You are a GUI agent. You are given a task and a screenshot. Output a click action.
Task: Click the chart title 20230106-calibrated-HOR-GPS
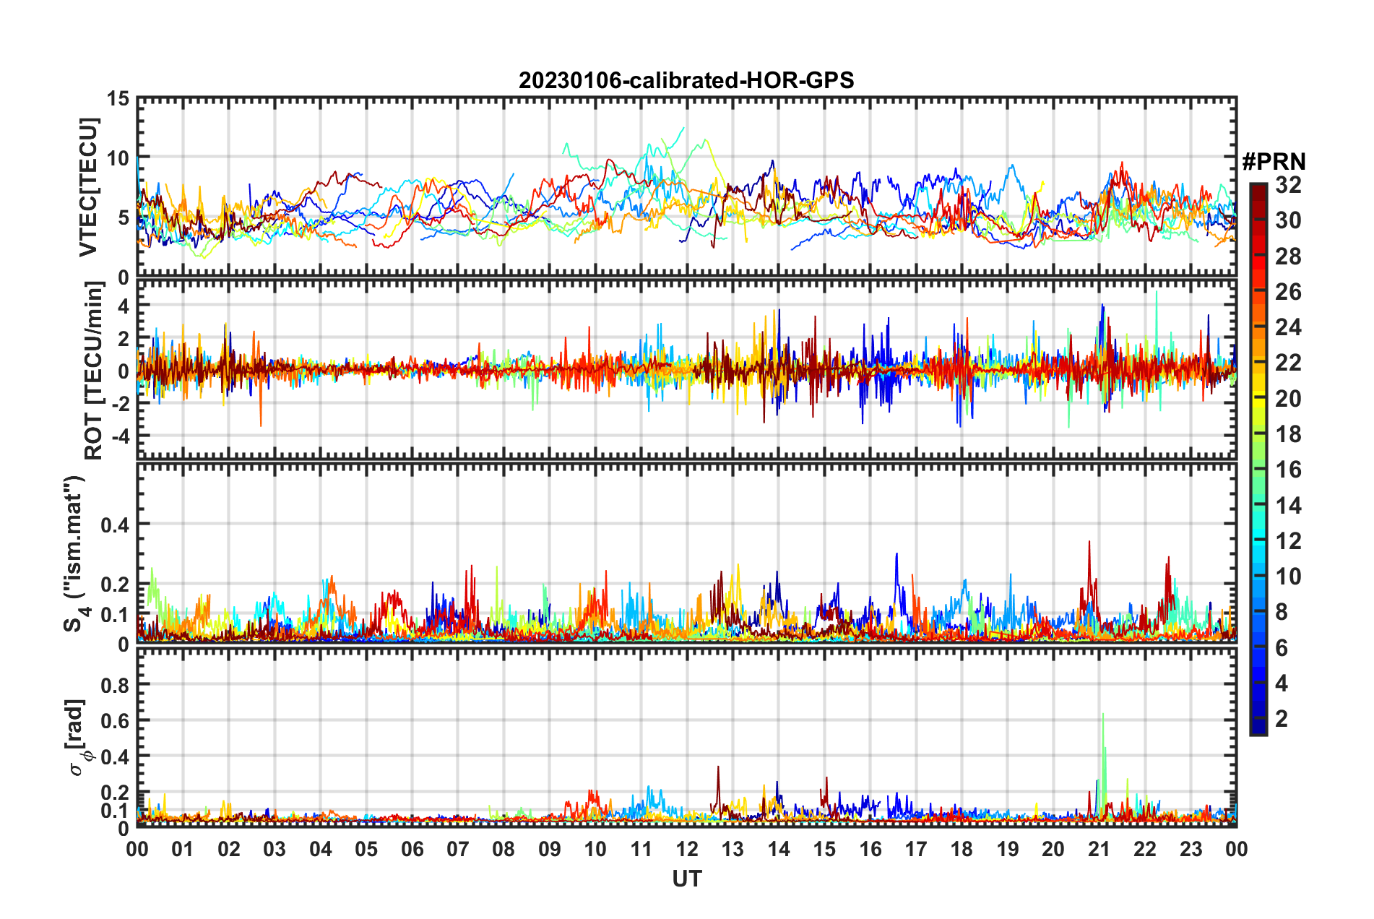pos(686,80)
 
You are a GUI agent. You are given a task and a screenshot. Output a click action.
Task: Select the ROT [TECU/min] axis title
pos(94,371)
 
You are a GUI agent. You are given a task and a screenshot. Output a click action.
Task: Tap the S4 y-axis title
pos(74,553)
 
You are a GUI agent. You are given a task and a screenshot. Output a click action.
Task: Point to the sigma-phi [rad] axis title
pos(77,738)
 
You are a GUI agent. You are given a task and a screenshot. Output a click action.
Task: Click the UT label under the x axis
pos(686,879)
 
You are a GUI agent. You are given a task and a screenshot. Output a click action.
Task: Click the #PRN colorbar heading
pos(1274,162)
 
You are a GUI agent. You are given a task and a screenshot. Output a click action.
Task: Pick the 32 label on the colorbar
pos(1288,185)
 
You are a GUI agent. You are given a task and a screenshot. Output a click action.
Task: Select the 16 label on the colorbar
pos(1288,470)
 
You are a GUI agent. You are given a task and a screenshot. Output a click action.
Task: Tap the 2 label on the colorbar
pos(1282,719)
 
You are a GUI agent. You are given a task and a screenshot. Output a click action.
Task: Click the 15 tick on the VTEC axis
pos(118,99)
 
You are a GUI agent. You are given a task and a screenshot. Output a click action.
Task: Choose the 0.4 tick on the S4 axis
pos(114,525)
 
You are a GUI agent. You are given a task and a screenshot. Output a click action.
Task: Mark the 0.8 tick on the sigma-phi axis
pos(116,685)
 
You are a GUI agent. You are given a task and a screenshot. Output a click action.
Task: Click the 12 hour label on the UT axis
pos(686,849)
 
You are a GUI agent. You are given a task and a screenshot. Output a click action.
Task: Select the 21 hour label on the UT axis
pos(1099,849)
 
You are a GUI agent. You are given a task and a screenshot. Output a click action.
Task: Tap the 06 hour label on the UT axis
pos(412,849)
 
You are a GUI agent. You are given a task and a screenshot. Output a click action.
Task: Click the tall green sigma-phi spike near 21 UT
pos(1103,715)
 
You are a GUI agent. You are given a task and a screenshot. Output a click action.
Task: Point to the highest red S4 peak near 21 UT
pos(1089,542)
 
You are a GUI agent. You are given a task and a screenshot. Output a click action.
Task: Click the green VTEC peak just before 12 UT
pos(683,129)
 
